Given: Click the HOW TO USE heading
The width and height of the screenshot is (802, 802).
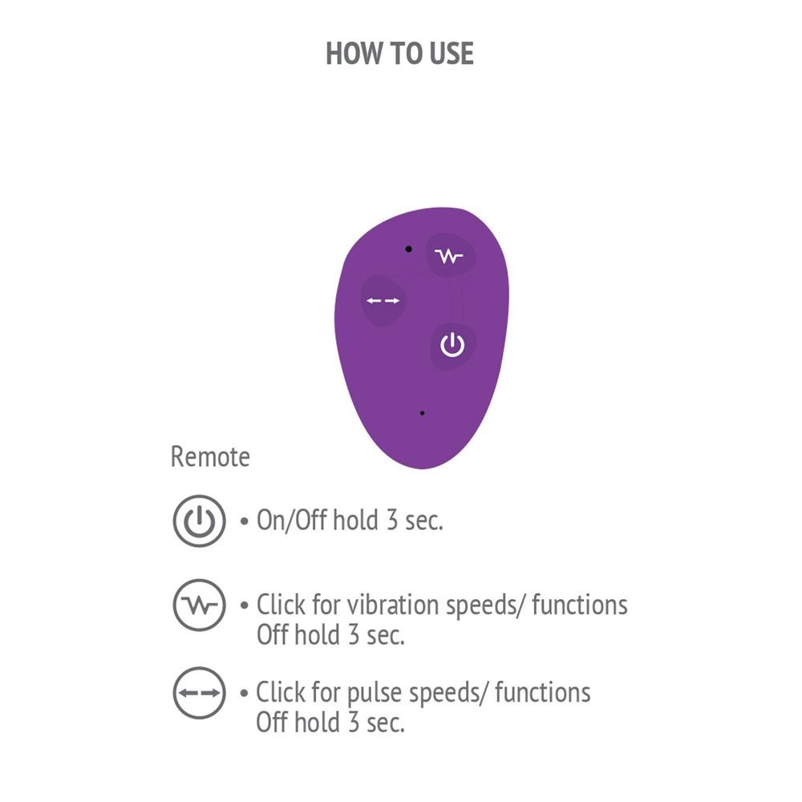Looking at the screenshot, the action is [399, 53].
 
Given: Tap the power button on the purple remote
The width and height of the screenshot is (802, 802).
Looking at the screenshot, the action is [452, 345].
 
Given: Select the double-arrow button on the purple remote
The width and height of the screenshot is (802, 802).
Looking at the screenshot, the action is [383, 301].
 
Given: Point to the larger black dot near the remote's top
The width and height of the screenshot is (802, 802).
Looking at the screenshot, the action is [409, 249].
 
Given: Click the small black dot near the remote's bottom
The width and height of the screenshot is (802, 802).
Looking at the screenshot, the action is [422, 413].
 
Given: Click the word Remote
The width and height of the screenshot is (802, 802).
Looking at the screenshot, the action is [210, 456].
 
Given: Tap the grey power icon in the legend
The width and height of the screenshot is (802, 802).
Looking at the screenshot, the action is [199, 520].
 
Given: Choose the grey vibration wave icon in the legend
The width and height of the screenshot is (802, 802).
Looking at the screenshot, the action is [199, 605].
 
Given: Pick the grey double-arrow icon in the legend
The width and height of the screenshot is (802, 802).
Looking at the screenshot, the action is [199, 693].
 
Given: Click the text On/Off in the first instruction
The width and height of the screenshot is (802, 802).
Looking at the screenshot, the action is [292, 520].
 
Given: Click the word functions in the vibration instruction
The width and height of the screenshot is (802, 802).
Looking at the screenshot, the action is [580, 605].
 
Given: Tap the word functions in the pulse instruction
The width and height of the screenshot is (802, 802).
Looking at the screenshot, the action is [543, 693].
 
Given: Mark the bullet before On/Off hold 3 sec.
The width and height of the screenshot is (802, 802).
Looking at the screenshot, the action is [244, 522].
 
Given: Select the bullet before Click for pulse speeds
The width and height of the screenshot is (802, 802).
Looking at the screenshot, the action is [244, 694].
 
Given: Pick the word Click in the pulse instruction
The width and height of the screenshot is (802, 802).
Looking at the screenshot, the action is [280, 693].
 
